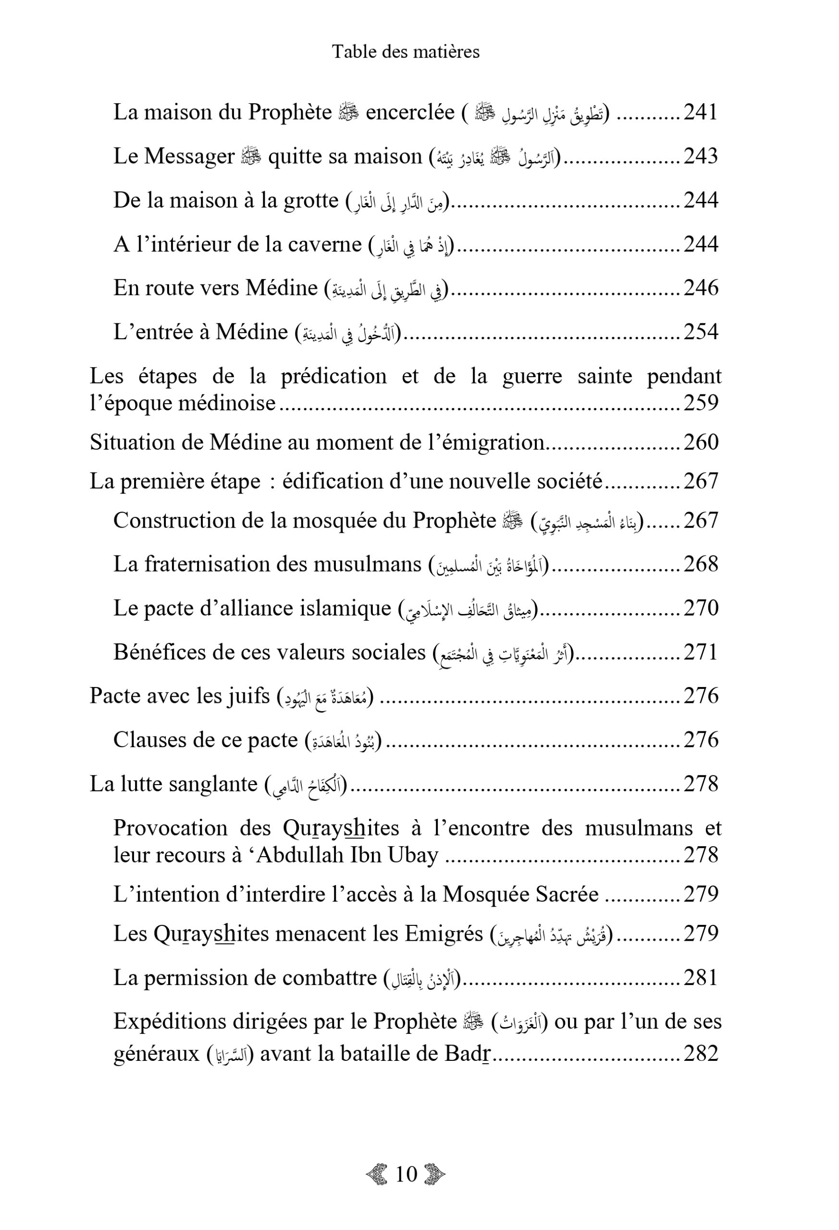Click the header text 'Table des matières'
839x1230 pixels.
coord(406,52)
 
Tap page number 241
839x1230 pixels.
coord(700,112)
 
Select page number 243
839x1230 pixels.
coord(700,156)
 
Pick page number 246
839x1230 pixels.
coord(700,288)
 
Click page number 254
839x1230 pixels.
coord(700,332)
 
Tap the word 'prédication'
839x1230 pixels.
coord(333,376)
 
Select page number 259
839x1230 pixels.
coord(700,403)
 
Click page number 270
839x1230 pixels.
coord(700,608)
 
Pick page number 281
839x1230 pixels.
coord(700,978)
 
